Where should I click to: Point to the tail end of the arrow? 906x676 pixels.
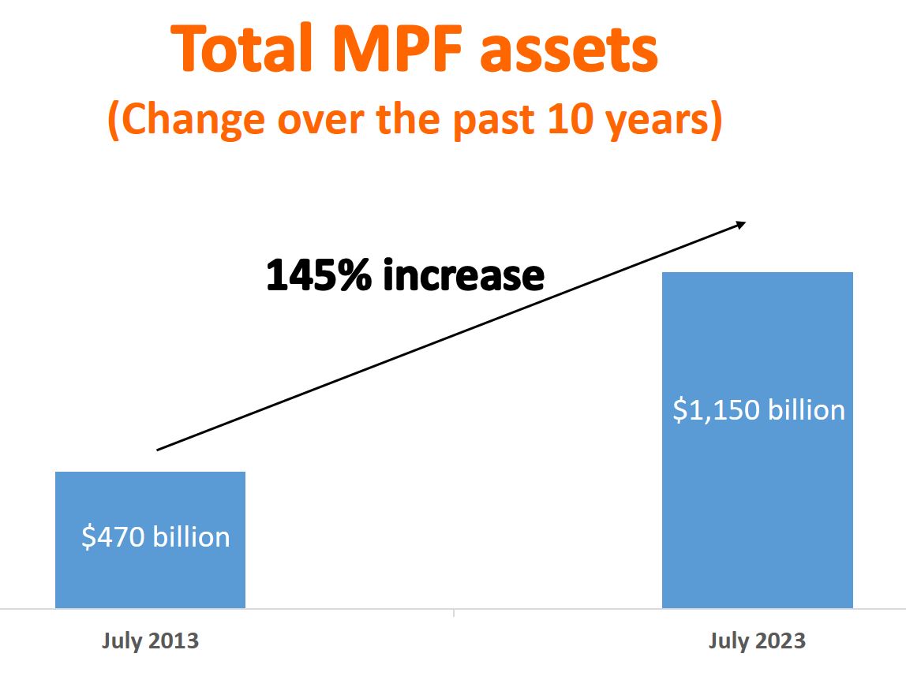point(159,450)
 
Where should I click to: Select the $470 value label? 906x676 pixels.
point(114,537)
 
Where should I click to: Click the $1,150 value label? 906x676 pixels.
point(714,410)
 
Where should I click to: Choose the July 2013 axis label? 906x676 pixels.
point(150,641)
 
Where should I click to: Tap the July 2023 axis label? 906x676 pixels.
point(757,641)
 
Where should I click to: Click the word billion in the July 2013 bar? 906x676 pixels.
point(192,537)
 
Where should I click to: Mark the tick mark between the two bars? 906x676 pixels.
point(454,612)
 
